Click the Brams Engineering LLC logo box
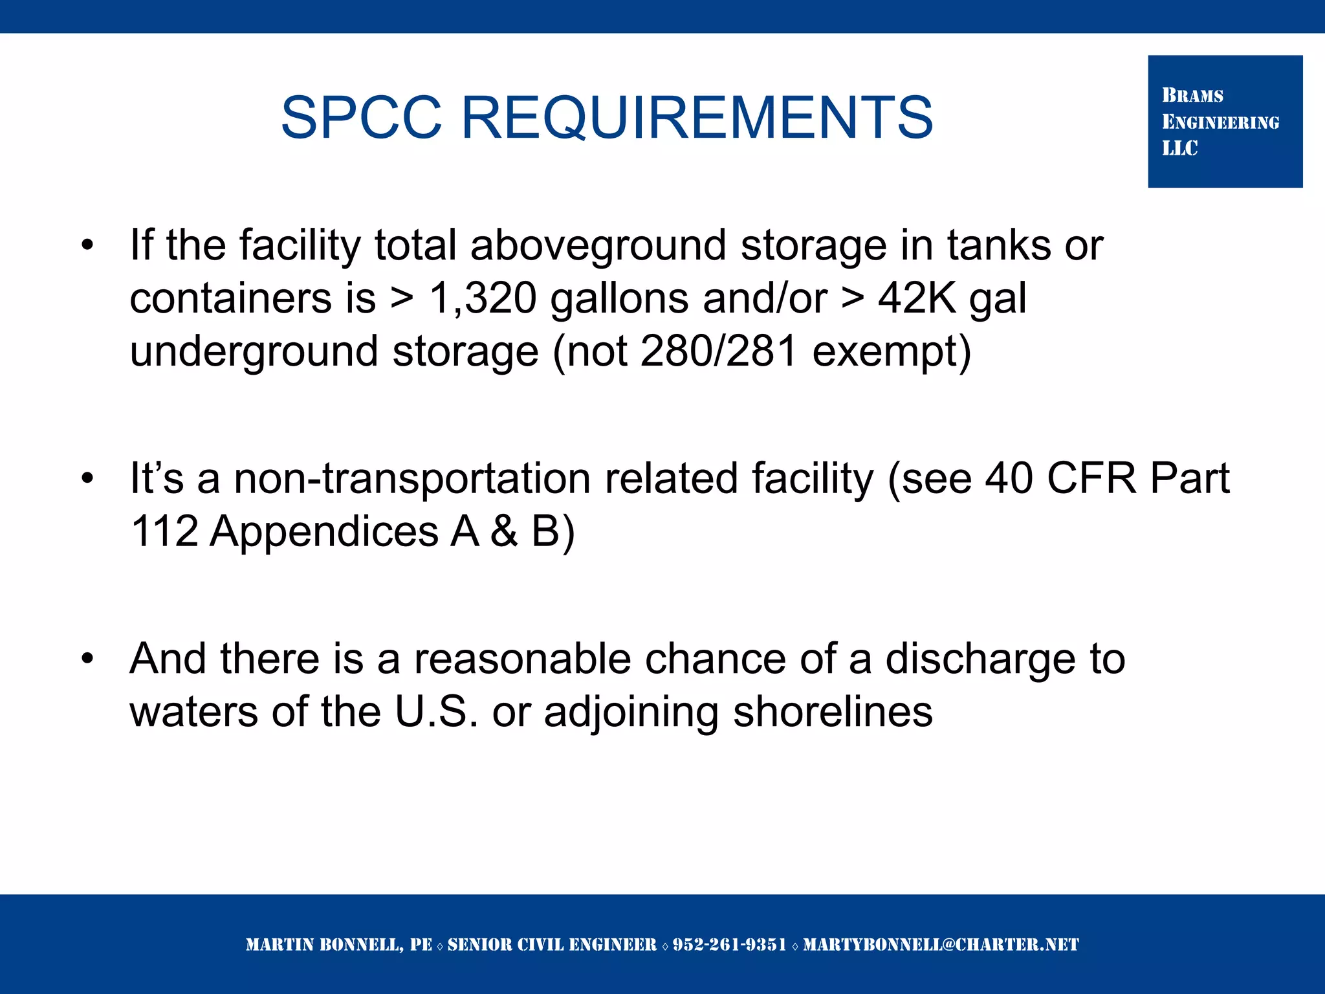tap(1225, 122)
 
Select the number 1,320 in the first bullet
tap(483, 298)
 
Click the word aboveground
tap(598, 246)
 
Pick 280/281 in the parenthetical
tap(718, 351)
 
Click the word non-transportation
tap(412, 479)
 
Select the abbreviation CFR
tap(1091, 479)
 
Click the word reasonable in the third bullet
tap(522, 659)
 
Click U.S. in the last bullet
tap(436, 712)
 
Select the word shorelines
tap(833, 712)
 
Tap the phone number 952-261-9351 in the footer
tap(729, 945)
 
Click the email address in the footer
tap(941, 945)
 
